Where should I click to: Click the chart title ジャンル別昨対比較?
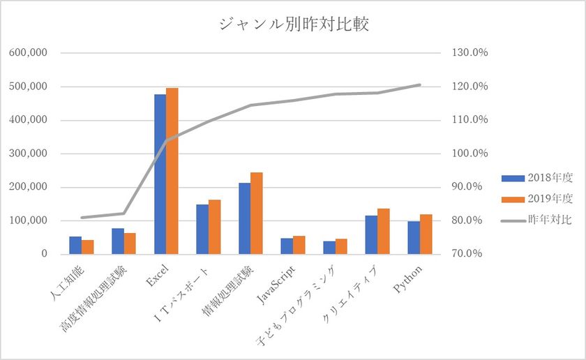[x=293, y=26]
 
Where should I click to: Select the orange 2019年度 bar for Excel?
[x=172, y=171]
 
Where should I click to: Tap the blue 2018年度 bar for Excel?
[x=160, y=174]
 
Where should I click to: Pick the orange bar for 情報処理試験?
[x=257, y=213]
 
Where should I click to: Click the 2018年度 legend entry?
[x=537, y=177]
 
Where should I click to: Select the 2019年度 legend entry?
[x=537, y=199]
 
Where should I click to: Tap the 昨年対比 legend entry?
[x=537, y=220]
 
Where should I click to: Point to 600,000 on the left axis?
[x=29, y=53]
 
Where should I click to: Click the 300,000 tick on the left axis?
[x=29, y=153]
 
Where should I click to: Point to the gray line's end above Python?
[x=420, y=85]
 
